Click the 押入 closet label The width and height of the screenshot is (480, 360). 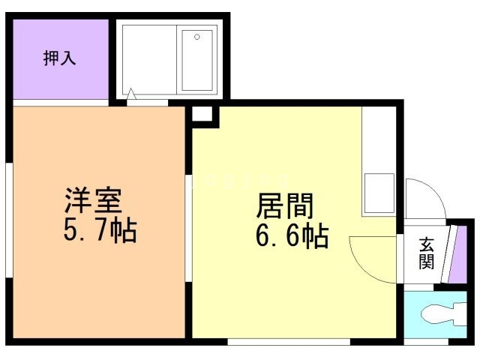tap(59, 58)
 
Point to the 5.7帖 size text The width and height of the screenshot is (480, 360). tap(100, 232)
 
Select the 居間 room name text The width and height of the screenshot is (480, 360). tap(285, 205)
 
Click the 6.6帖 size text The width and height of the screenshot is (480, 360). tap(292, 236)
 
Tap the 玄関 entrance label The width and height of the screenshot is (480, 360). tap(426, 253)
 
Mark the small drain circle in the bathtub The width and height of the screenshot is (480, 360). tap(198, 37)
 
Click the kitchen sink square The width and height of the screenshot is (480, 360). tap(379, 193)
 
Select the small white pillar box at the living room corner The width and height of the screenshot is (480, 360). tap(202, 115)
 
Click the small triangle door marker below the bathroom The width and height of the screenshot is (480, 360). tap(132, 95)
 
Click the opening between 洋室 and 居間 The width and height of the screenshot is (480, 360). tap(189, 225)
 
